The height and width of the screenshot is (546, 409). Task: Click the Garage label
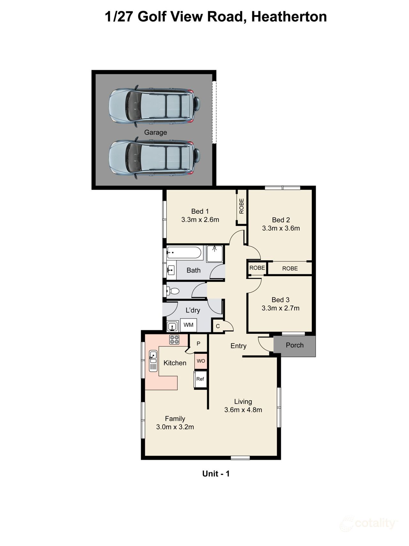click(x=155, y=132)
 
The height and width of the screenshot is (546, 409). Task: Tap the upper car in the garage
click(x=155, y=106)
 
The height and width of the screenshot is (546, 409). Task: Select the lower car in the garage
click(x=155, y=158)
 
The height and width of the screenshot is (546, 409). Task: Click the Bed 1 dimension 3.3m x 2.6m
click(x=200, y=220)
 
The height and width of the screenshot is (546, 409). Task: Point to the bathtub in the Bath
click(x=184, y=253)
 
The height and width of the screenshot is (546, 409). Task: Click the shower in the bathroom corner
click(x=215, y=254)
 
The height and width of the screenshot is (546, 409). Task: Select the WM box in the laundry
click(x=188, y=325)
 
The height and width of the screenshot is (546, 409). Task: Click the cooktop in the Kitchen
click(x=174, y=340)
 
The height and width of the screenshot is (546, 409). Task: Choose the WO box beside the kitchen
click(x=201, y=361)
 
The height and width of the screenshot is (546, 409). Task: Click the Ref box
click(x=200, y=379)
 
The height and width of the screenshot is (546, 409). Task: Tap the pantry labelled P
click(x=198, y=344)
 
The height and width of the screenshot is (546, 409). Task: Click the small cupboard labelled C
click(x=218, y=326)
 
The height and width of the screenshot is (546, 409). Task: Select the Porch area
click(x=295, y=345)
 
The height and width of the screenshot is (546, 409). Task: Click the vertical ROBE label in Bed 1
click(x=242, y=206)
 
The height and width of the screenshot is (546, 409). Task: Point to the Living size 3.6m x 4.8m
click(x=243, y=410)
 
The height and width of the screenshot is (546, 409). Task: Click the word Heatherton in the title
click(x=289, y=17)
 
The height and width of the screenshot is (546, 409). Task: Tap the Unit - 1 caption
click(x=216, y=474)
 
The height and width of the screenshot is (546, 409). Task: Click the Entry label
click(x=238, y=346)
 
